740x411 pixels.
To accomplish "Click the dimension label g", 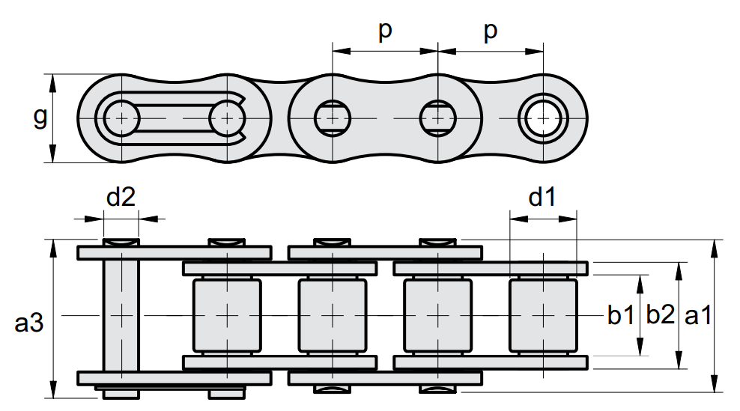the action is pos(40,118).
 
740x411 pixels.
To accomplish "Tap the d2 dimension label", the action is pos(121,196).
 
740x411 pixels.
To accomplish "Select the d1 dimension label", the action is pos(542,196).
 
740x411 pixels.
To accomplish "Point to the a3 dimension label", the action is pos(28,323).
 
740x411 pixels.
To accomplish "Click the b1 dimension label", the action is pos(621,315).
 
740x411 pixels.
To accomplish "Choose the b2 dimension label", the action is pos(661,315).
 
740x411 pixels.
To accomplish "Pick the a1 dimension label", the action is pos(698,315).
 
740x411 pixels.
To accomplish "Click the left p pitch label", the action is pos(385,31).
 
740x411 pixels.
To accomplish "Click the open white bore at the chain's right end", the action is pos(543,118).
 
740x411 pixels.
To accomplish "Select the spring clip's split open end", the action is pos(242,118).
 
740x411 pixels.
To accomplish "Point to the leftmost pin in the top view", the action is pos(121,118).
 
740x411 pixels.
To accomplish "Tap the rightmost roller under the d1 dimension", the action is pos(543,315).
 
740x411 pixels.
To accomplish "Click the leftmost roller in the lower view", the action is pos(227,315).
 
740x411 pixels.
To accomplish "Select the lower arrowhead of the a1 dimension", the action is pos(715,383).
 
